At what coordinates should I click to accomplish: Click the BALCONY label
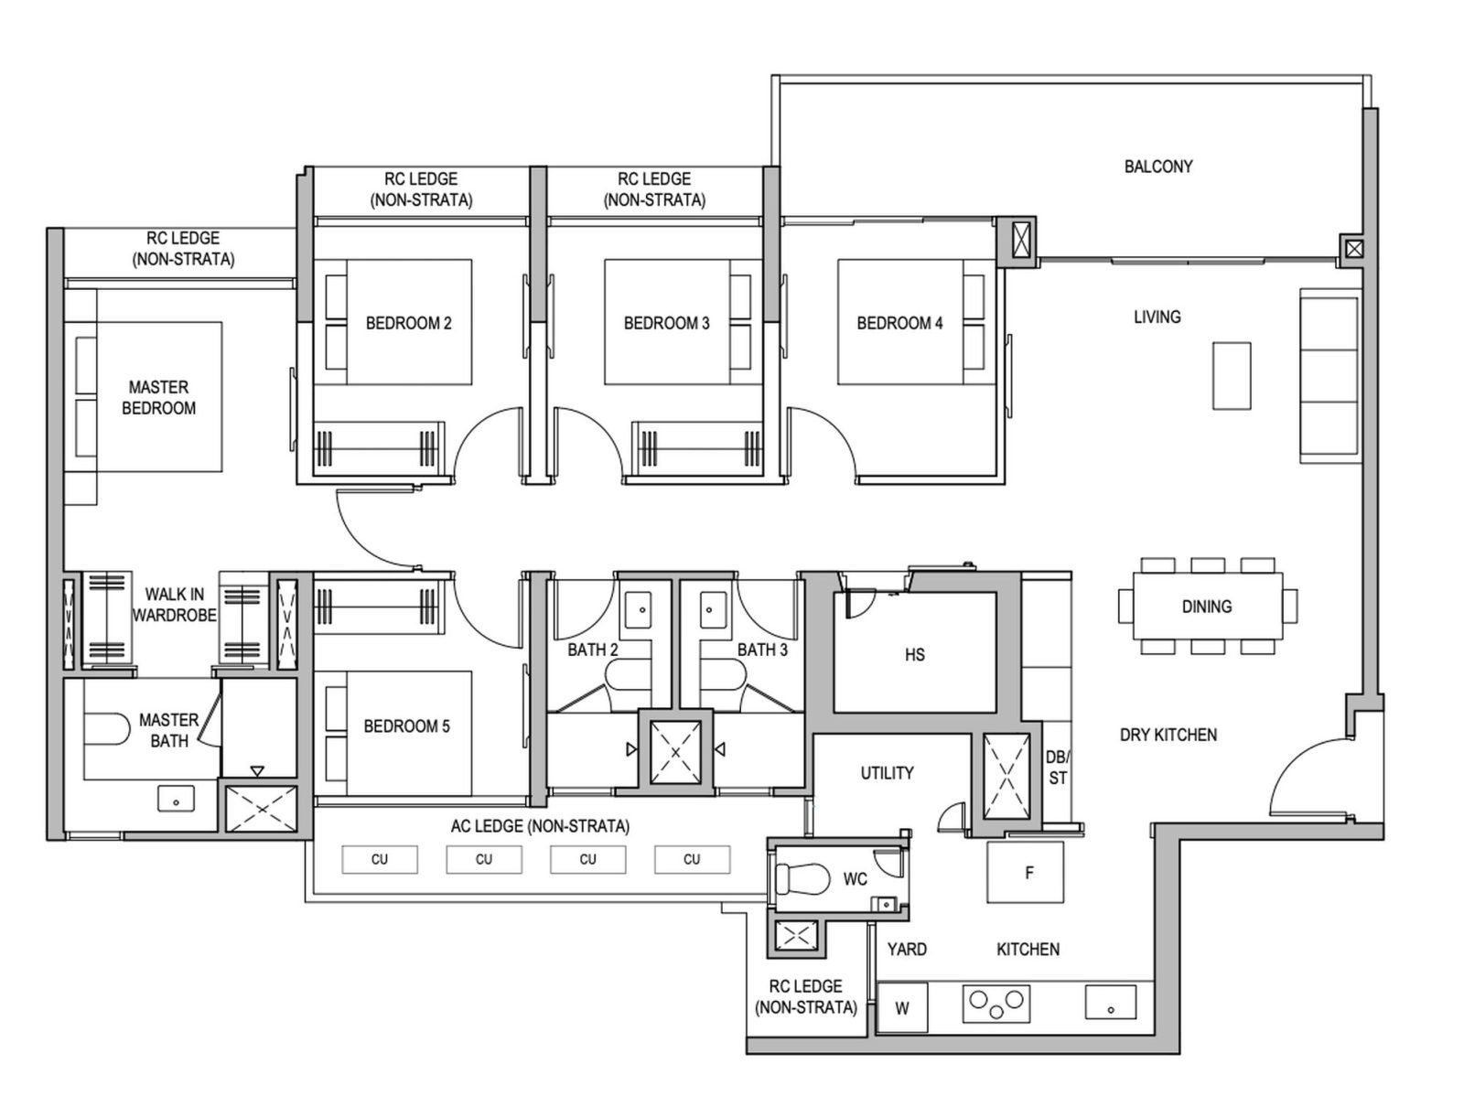pyautogui.click(x=1157, y=167)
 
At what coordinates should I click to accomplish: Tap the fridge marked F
pyautogui.click(x=1025, y=873)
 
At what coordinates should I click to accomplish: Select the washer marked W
pyautogui.click(x=901, y=1009)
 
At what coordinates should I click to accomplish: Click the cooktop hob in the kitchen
pyautogui.click(x=996, y=1004)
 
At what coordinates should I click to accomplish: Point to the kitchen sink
pyautogui.click(x=1110, y=1003)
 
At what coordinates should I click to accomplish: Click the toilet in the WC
pyautogui.click(x=793, y=879)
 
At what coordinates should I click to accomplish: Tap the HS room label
pyautogui.click(x=914, y=655)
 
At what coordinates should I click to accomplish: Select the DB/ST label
pyautogui.click(x=1058, y=768)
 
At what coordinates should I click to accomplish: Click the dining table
pyautogui.click(x=1207, y=606)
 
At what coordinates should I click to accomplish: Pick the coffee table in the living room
pyautogui.click(x=1232, y=375)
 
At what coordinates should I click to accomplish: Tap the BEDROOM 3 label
pyautogui.click(x=666, y=323)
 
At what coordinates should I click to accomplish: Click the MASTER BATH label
pyautogui.click(x=169, y=730)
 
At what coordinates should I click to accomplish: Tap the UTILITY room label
pyautogui.click(x=887, y=773)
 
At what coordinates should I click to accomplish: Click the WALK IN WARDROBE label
pyautogui.click(x=174, y=605)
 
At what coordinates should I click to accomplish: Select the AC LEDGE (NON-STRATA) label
pyautogui.click(x=540, y=826)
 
